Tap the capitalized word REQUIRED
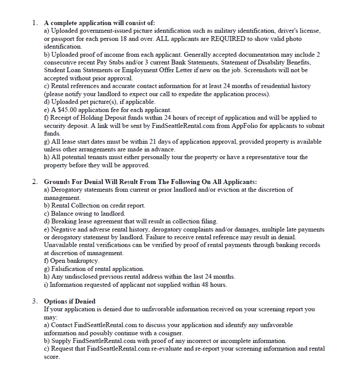click(x=228, y=39)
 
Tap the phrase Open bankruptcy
click(x=75, y=261)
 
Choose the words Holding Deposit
click(x=94, y=118)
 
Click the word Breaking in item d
click(x=64, y=221)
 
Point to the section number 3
click(x=34, y=301)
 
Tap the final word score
click(x=51, y=357)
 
